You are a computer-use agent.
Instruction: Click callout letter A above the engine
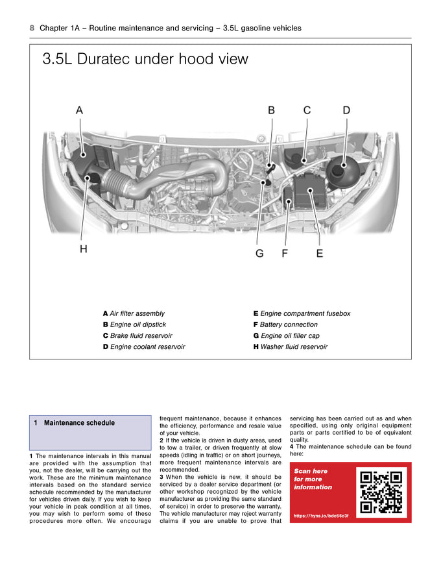click(x=79, y=110)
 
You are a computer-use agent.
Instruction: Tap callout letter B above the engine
click(x=272, y=110)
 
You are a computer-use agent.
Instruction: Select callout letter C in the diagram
click(x=307, y=110)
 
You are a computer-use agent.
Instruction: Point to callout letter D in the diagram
click(x=346, y=110)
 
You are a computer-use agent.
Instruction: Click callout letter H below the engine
click(x=84, y=248)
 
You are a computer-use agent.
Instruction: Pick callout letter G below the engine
click(x=259, y=253)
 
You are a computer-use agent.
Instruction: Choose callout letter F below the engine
click(x=285, y=253)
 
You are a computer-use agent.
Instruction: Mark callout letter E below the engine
click(x=320, y=253)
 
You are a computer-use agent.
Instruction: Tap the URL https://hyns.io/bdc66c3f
click(x=321, y=516)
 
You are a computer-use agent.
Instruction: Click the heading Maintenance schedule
click(x=79, y=423)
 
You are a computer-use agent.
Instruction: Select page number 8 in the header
click(x=32, y=28)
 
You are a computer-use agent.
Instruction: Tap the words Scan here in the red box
click(x=311, y=471)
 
